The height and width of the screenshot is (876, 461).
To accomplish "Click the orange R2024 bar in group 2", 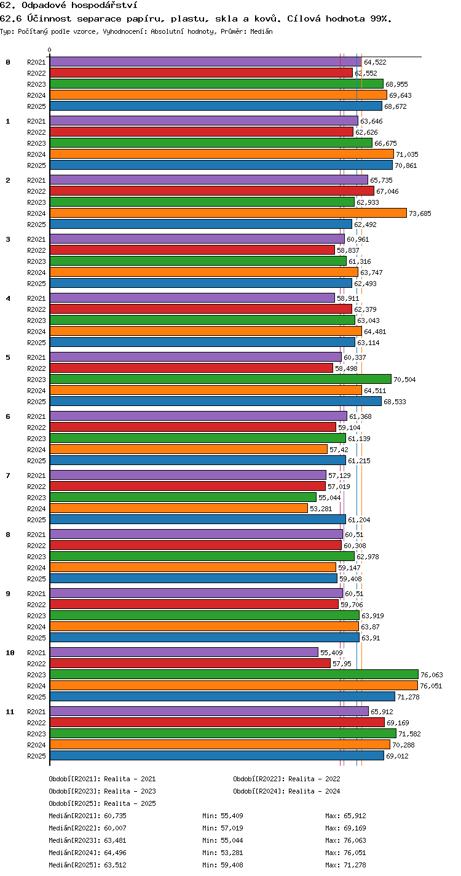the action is point(228,213).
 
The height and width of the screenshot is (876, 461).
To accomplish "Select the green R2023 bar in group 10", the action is point(234,674).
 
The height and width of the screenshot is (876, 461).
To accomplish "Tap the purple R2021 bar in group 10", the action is point(184,652).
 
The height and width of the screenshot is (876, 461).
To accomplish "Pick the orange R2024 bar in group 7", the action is point(179,508).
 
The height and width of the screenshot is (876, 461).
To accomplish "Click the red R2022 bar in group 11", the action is point(217,722).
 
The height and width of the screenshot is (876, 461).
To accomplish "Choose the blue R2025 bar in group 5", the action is point(216,401).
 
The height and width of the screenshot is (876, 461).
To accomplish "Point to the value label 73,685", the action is point(420,213).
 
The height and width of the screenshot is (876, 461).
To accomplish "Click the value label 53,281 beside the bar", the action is point(321,509).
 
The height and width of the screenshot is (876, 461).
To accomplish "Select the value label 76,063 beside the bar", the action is point(431,675).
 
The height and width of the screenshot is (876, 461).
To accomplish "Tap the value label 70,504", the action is point(404,380).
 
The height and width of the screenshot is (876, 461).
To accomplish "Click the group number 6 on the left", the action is point(8,416).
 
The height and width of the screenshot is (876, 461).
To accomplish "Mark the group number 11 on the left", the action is point(10,712).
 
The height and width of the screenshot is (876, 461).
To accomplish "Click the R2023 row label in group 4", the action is point(36,321).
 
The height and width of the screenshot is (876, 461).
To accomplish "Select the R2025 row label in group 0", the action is point(36,106).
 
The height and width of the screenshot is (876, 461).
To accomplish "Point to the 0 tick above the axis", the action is point(50,50).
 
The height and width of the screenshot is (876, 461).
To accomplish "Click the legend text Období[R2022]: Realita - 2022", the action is point(286,779).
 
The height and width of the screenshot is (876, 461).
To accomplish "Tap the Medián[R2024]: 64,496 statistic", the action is point(87,853).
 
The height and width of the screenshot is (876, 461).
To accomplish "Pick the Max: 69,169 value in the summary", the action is point(345,828).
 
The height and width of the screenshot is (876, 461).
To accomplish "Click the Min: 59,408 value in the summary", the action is point(223,865).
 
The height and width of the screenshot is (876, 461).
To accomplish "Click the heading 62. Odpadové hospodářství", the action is point(68,6).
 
